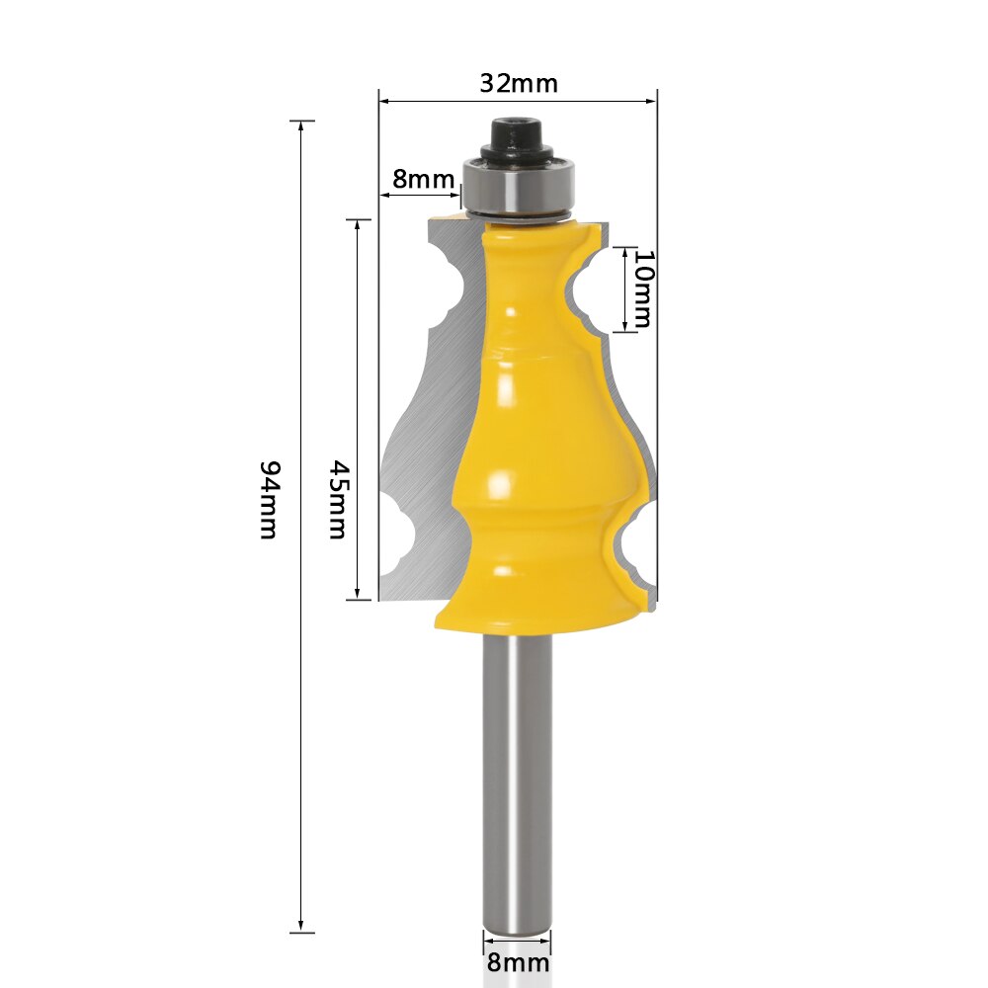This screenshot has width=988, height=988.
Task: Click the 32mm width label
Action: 519,83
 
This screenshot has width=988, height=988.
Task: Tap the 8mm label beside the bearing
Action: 423,179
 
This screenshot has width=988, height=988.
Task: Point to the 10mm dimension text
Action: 642,288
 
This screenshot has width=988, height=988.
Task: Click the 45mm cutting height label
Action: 338,499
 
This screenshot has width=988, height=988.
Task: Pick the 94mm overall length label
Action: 268,499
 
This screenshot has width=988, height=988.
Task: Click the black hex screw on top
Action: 516,132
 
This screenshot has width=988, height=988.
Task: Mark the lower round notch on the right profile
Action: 633,542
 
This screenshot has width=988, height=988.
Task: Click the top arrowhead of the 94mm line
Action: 301,125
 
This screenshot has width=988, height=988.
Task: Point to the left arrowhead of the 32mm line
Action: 384,100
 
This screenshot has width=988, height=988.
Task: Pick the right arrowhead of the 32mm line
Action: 652,100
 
